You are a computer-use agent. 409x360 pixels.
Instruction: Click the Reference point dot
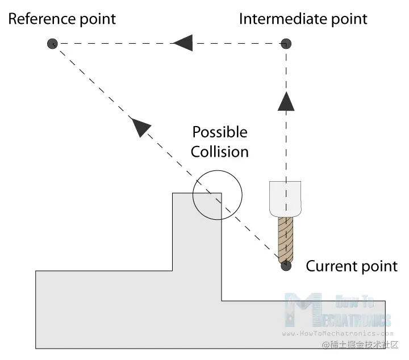(52, 43)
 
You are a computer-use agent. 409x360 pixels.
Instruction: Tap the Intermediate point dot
(287, 43)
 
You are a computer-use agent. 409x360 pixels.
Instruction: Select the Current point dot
(286, 265)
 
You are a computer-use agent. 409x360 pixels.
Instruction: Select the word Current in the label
(331, 266)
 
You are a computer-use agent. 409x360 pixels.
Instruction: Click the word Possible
(220, 132)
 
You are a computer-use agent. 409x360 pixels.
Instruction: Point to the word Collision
(219, 152)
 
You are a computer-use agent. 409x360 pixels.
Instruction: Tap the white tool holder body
(284, 199)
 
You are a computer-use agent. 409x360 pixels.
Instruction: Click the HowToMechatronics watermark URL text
(337, 334)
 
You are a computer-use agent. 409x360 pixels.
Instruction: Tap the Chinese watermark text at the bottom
(361, 345)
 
